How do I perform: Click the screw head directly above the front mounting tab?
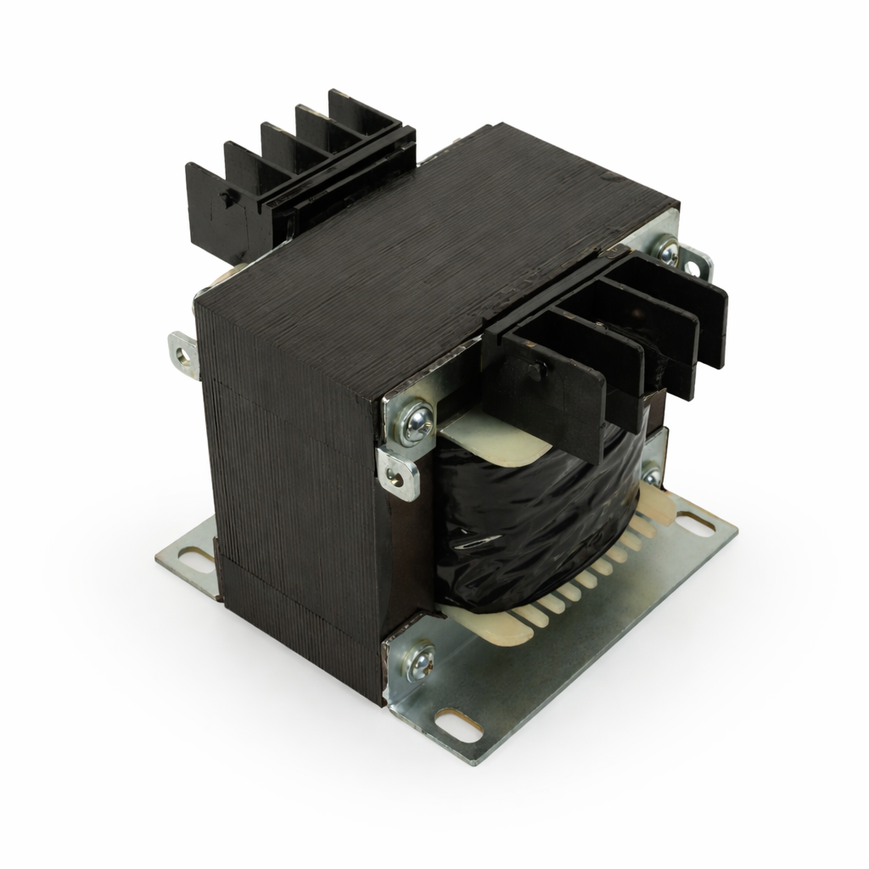click(417, 422)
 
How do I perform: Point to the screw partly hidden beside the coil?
click(651, 476)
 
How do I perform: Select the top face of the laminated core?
click(433, 255)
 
